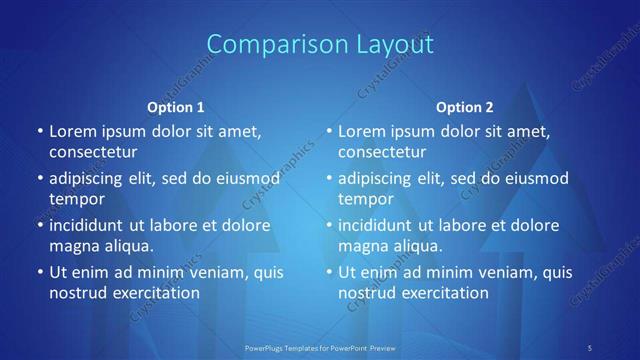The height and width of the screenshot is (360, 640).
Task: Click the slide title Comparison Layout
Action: click(320, 44)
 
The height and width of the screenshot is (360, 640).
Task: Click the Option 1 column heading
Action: click(176, 107)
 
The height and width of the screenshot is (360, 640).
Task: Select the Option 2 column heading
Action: click(465, 107)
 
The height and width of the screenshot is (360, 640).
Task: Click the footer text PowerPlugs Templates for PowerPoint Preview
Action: click(320, 347)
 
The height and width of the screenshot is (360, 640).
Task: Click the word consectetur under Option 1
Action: click(93, 152)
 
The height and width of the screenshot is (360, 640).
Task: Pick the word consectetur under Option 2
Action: click(382, 152)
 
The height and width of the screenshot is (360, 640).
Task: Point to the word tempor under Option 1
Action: click(77, 199)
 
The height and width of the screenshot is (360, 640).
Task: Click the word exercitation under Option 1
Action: click(155, 293)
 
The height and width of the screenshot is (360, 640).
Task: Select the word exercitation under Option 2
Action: click(444, 293)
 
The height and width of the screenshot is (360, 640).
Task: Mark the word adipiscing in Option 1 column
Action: click(88, 179)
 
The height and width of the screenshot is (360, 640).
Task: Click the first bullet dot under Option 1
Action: click(40, 131)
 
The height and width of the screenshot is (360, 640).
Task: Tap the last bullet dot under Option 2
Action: click(329, 272)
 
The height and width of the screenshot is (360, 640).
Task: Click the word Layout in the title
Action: click(389, 44)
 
